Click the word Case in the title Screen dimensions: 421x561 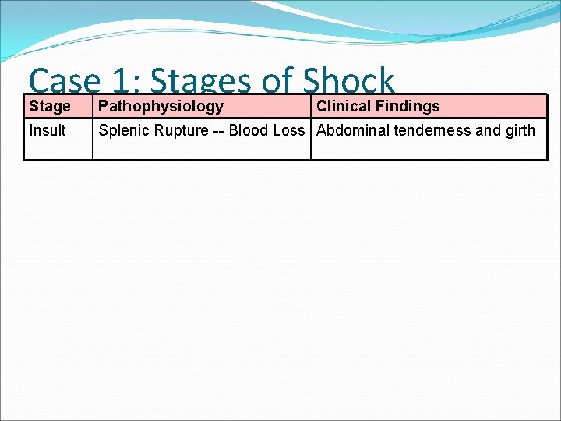(x=64, y=81)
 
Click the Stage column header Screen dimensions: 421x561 (x=50, y=106)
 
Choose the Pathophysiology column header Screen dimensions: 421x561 (x=161, y=106)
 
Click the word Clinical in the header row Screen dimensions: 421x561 (x=344, y=106)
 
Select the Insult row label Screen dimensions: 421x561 (x=48, y=130)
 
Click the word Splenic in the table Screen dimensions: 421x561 (x=122, y=130)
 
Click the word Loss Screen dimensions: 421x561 (x=288, y=130)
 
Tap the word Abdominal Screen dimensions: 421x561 (x=353, y=130)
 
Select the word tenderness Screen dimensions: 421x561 (x=432, y=130)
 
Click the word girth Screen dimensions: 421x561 (x=520, y=130)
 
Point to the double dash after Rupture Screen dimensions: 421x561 (x=217, y=130)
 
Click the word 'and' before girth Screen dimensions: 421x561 (x=488, y=130)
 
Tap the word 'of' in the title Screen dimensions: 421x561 (x=279, y=81)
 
